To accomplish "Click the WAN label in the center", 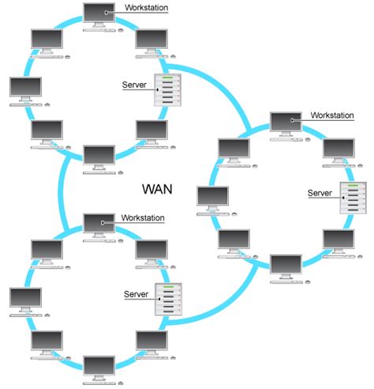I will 157,190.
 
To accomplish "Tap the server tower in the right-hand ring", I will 353,198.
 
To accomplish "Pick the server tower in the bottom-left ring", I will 169,300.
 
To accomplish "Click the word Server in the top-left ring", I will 136,85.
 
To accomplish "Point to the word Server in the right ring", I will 320,193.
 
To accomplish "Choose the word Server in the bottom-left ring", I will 137,294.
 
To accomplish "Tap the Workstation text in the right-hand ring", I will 332,115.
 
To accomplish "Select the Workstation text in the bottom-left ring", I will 144,217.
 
